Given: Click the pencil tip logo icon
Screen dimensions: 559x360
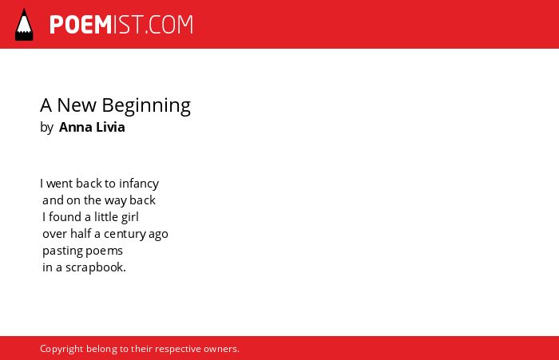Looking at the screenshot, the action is pyautogui.click(x=24, y=24).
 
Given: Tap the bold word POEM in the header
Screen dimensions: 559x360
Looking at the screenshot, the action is pyautogui.click(x=81, y=25).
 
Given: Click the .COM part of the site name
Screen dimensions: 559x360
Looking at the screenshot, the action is pyautogui.click(x=169, y=25).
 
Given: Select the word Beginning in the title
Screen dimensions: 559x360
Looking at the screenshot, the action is pyautogui.click(x=146, y=106).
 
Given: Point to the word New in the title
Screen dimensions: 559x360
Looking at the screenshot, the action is pyautogui.click(x=77, y=105).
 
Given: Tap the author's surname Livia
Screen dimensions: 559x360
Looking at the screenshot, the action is pyautogui.click(x=110, y=127).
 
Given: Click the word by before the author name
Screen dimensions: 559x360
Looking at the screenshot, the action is pyautogui.click(x=46, y=128).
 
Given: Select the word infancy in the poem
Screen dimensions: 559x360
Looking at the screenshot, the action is pyautogui.click(x=139, y=184).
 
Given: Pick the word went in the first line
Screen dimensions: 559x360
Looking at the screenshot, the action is pyautogui.click(x=60, y=184).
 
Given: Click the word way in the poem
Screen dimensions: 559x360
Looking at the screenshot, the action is pyautogui.click(x=116, y=201).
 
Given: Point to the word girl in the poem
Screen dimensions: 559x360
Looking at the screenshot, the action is pyautogui.click(x=129, y=217).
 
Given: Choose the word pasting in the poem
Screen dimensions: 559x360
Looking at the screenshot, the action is pyautogui.click(x=62, y=251).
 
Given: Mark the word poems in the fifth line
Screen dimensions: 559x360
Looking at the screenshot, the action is pyautogui.click(x=104, y=251).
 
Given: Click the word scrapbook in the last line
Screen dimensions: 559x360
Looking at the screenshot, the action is pyautogui.click(x=96, y=267).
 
